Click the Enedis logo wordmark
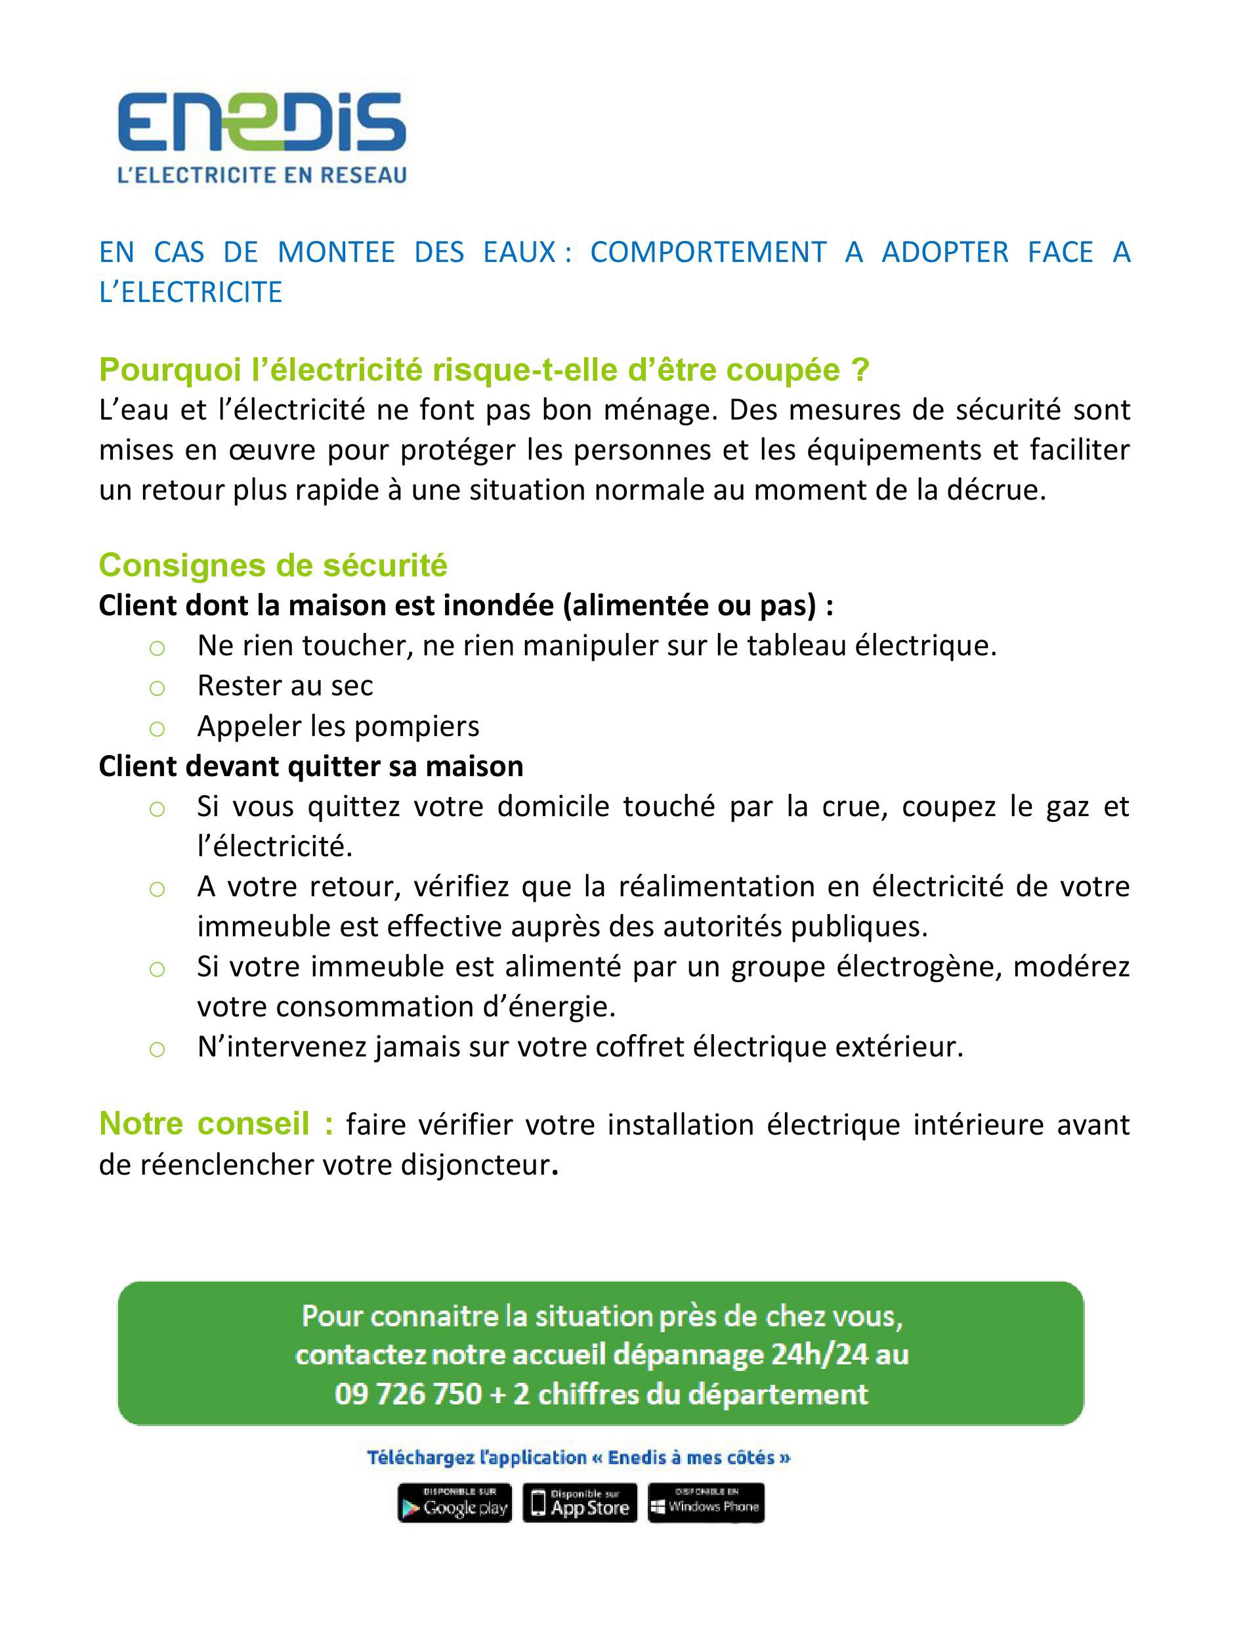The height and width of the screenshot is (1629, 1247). pyautogui.click(x=261, y=123)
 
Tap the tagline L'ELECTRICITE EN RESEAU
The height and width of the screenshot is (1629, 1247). pyautogui.click(x=262, y=175)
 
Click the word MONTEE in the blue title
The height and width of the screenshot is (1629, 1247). pyautogui.click(x=335, y=252)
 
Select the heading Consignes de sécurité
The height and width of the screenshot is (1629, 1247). pyautogui.click(x=273, y=565)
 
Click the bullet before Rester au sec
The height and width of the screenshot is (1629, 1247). pyautogui.click(x=157, y=688)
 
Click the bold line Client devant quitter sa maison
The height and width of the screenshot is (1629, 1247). pyautogui.click(x=311, y=766)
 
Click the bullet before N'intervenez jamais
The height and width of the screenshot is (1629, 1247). pyautogui.click(x=157, y=1049)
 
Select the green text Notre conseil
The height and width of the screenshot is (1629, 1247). pyautogui.click(x=215, y=1124)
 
